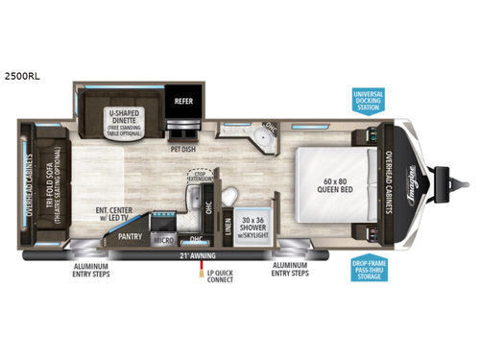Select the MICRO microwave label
click(160, 241)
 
